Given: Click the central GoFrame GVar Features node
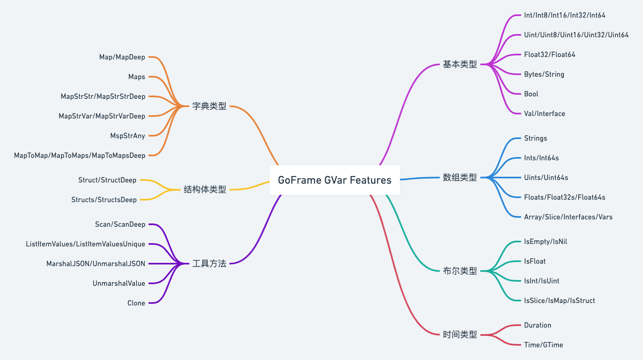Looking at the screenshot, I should coord(334,180).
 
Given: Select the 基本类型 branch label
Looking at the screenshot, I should coord(460,64).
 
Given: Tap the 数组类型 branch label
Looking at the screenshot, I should coord(460,178).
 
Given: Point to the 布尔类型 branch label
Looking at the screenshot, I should coord(460,271).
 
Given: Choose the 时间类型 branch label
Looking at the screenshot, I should coord(460,335).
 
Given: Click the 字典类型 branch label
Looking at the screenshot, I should coord(209,106).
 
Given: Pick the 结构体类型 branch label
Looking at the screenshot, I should coord(205,189).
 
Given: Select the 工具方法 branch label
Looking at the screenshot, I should coord(209,264).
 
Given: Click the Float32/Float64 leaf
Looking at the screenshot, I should coord(550,55).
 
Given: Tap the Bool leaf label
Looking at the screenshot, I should coord(531,94).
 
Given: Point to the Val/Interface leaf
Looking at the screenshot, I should coord(544,114).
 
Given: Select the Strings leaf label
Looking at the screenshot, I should coord(535,138).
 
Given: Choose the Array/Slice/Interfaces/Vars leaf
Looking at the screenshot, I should coord(568,217).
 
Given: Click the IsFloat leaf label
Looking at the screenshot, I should coord(535,261).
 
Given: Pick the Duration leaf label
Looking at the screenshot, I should coord(537,325).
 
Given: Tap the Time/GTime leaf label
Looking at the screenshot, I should coord(543,345).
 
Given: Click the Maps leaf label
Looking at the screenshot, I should coord(136,77).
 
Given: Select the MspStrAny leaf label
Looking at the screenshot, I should coord(127,136).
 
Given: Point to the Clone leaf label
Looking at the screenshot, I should coord(136,303).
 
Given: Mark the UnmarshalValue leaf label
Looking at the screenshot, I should coord(119,283).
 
